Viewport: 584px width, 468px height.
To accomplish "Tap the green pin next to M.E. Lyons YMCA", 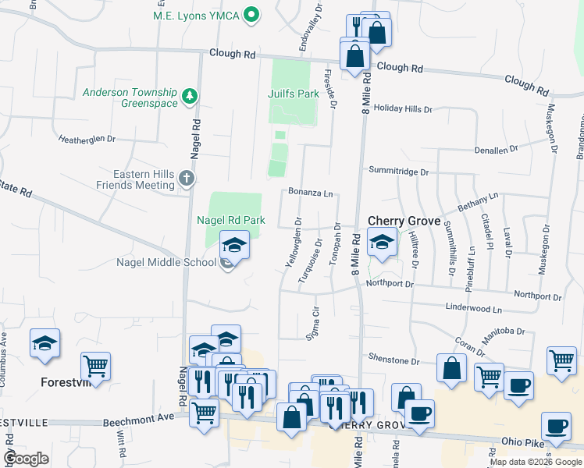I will coord(251,14).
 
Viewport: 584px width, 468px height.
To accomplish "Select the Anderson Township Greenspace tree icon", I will coord(188,97).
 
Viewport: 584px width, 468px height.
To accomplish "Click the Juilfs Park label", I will coord(294,94).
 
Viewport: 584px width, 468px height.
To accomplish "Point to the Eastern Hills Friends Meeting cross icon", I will coord(186,179).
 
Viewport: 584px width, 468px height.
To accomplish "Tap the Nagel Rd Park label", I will coord(230,221).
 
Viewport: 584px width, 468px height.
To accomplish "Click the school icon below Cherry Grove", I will coord(382,243).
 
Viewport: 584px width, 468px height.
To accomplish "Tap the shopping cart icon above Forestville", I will coord(95,365).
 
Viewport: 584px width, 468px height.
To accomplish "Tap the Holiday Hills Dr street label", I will coord(403,109).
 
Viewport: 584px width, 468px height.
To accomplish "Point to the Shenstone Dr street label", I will coord(394,360).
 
